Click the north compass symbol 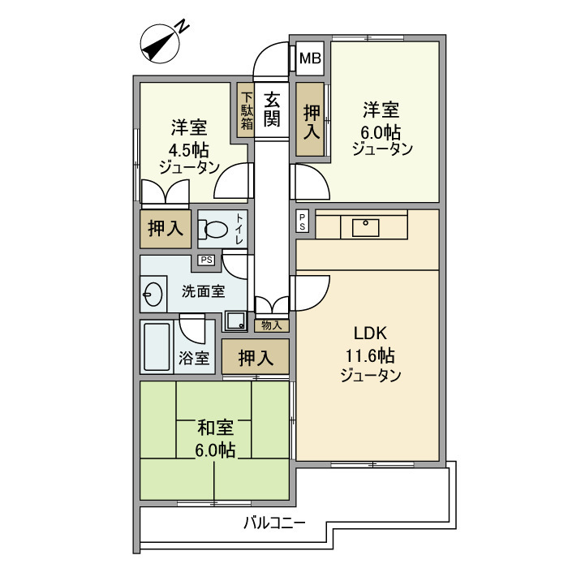tap(161, 43)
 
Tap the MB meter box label tap(310, 58)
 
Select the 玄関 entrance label tap(272, 110)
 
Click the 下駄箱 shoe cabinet tap(246, 110)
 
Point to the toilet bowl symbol tap(213, 230)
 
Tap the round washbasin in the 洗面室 tap(152, 293)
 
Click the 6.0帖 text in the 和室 tap(215, 450)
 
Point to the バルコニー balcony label tap(274, 523)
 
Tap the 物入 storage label tap(272, 325)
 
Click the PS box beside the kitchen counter tap(303, 221)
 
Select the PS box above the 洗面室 tap(206, 260)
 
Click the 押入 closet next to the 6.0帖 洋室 tap(311, 120)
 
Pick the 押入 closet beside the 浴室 tap(256, 357)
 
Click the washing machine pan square tap(236, 321)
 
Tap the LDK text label tap(371, 333)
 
